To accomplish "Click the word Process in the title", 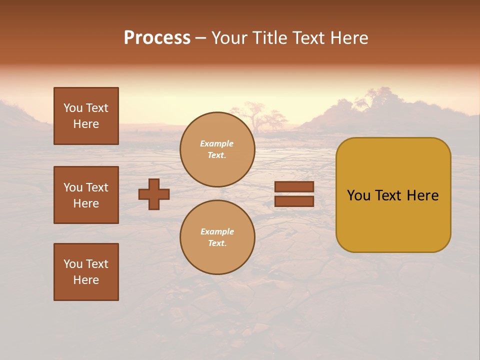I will [157, 38].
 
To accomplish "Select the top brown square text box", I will [86, 116].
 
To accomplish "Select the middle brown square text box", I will [86, 195].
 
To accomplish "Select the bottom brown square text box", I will [86, 271].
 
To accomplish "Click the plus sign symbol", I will [154, 194].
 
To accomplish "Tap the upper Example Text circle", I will [217, 149].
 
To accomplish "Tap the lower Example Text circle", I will [217, 237].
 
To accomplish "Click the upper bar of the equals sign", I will [294, 187].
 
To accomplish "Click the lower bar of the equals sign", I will [294, 201].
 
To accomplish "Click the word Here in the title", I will [348, 38].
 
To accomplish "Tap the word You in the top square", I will [73, 108].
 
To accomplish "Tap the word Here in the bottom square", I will [86, 280].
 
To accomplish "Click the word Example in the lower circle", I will [217, 231].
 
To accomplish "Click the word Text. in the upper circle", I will [217, 155].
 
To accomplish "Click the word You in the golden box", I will [358, 195].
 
